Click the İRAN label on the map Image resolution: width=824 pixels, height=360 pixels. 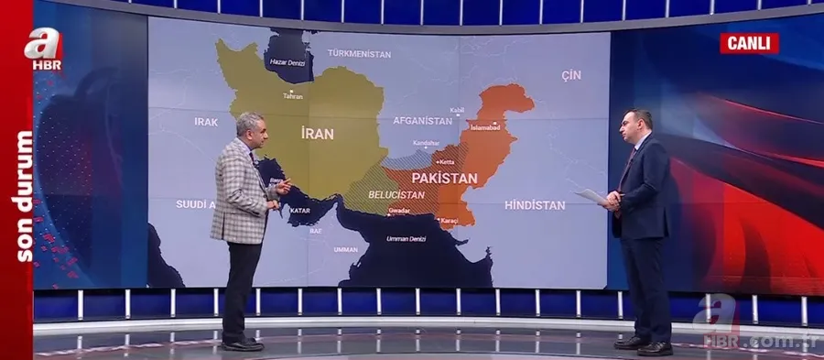(x=317, y=134)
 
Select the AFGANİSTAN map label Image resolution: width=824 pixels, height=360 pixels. (x=422, y=121)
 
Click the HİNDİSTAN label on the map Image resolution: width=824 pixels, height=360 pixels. (x=535, y=205)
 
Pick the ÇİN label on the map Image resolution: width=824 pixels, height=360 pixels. (x=571, y=75)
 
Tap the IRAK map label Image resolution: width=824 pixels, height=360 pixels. (x=206, y=121)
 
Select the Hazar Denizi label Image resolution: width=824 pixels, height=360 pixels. (x=286, y=62)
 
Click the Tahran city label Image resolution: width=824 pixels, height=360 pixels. (x=293, y=96)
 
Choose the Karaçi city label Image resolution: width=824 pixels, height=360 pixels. (x=449, y=221)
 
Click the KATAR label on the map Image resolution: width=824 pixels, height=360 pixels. (x=300, y=211)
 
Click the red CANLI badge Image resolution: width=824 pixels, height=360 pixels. (x=749, y=43)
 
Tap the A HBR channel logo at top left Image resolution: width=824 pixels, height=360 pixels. (x=47, y=49)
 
